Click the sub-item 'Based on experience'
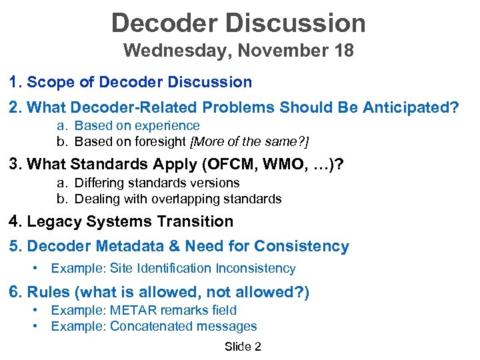137,125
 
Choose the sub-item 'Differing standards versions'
157,183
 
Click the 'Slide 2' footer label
243,346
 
